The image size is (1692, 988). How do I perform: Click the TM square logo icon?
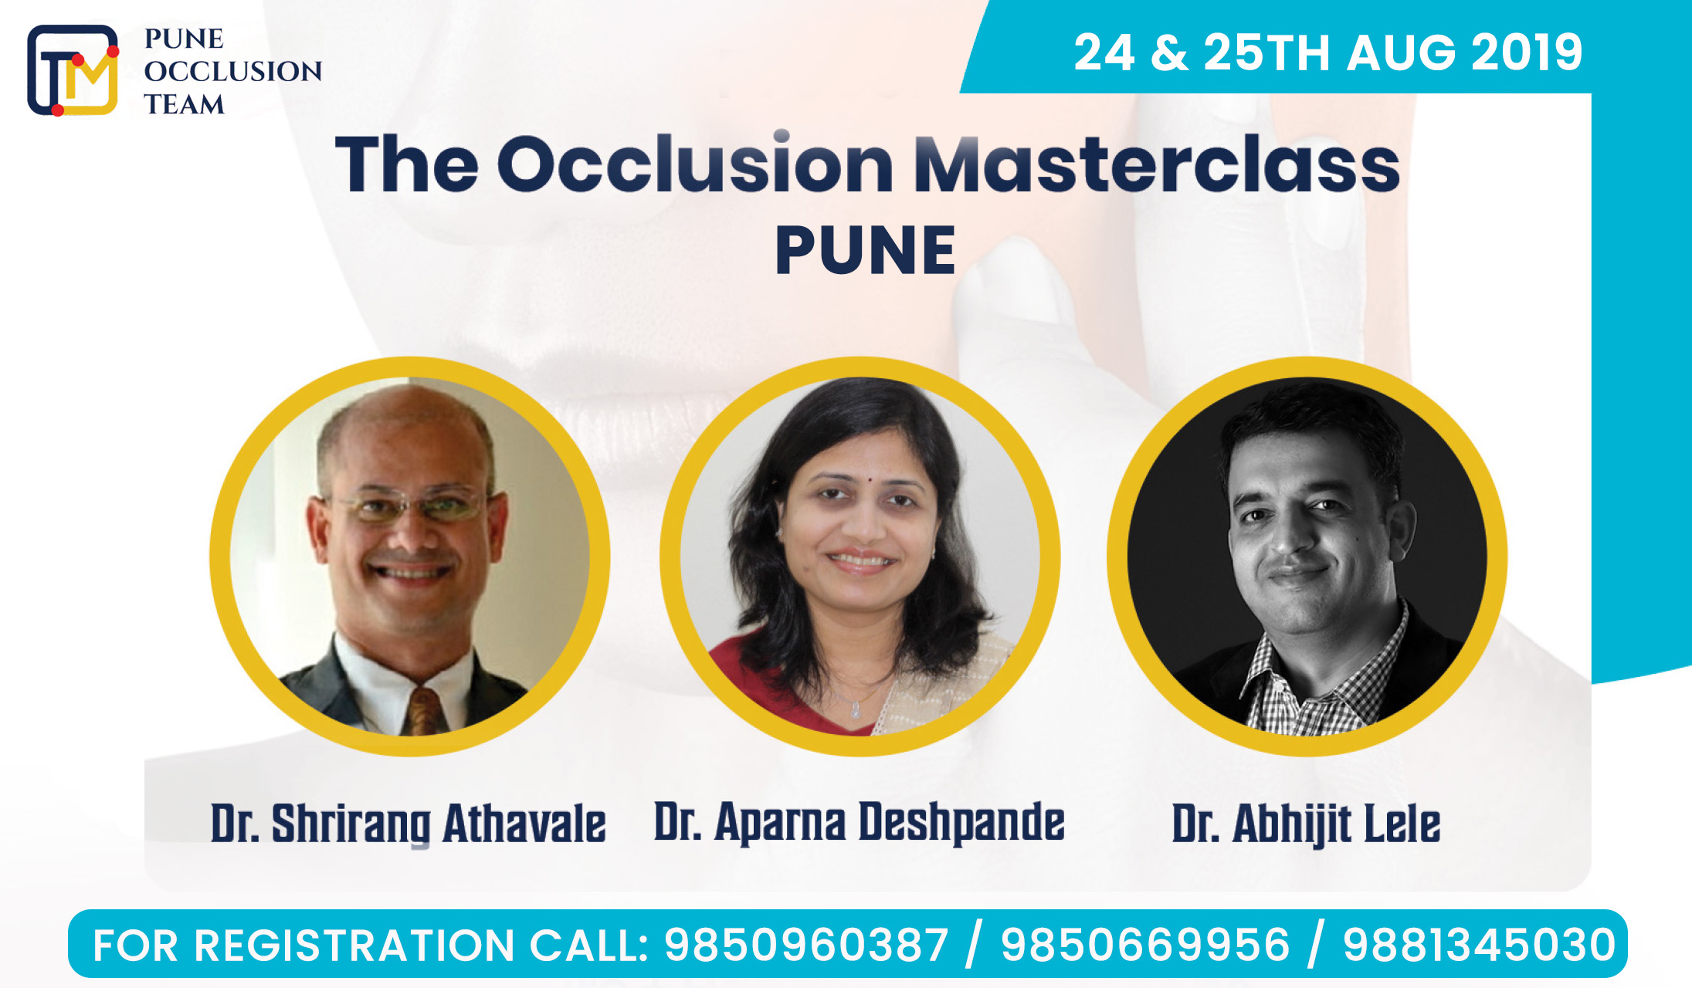[73, 70]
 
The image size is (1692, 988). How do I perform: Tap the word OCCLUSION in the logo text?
[233, 71]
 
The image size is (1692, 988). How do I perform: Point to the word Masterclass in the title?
[1157, 164]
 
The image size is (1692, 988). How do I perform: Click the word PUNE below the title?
[865, 250]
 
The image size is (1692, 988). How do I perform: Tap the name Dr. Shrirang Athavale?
[408, 824]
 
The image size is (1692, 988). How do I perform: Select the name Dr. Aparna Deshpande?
[859, 822]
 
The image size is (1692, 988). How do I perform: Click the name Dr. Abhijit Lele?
[1306, 824]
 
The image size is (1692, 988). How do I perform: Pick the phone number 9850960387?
[806, 945]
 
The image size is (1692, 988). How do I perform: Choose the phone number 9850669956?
[1145, 945]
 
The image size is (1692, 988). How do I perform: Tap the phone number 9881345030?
[1480, 945]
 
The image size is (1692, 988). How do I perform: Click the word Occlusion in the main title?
[695, 164]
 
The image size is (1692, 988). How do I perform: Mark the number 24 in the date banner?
[1104, 52]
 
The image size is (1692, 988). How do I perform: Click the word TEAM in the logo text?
[185, 104]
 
